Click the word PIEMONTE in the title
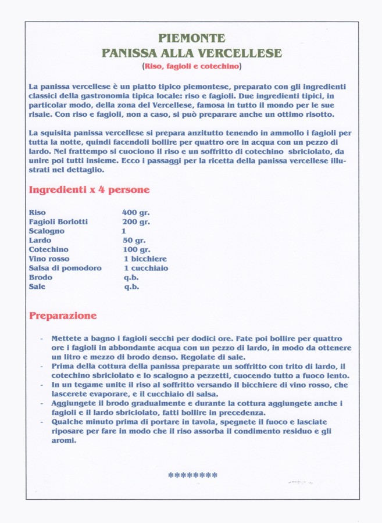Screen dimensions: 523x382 pyautogui.click(x=192, y=39)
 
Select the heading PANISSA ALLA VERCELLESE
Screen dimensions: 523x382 pyautogui.click(x=192, y=53)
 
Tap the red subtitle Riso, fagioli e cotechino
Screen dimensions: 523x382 pyautogui.click(x=192, y=66)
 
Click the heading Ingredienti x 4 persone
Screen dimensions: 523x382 pyautogui.click(x=89, y=189)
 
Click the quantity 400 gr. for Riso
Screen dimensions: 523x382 pyautogui.click(x=135, y=213)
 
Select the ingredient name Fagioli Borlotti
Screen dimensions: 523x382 pyautogui.click(x=58, y=222)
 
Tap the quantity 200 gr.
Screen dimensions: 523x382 pyautogui.click(x=135, y=222)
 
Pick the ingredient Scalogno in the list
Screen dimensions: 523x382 pyautogui.click(x=47, y=231)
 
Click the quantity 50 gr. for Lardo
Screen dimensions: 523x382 pyautogui.click(x=134, y=241)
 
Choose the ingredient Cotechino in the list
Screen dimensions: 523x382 pyautogui.click(x=49, y=250)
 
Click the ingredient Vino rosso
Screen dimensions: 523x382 pyautogui.click(x=49, y=259)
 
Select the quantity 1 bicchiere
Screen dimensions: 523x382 pyautogui.click(x=145, y=259)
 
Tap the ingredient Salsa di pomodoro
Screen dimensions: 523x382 pyautogui.click(x=65, y=268)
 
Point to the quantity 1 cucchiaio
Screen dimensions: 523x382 pyautogui.click(x=145, y=268)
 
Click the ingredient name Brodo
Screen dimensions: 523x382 pyautogui.click(x=41, y=278)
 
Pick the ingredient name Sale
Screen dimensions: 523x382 pyautogui.click(x=37, y=287)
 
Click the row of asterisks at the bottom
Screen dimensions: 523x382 pyautogui.click(x=192, y=475)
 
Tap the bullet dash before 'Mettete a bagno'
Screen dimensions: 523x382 pyautogui.click(x=41, y=339)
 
